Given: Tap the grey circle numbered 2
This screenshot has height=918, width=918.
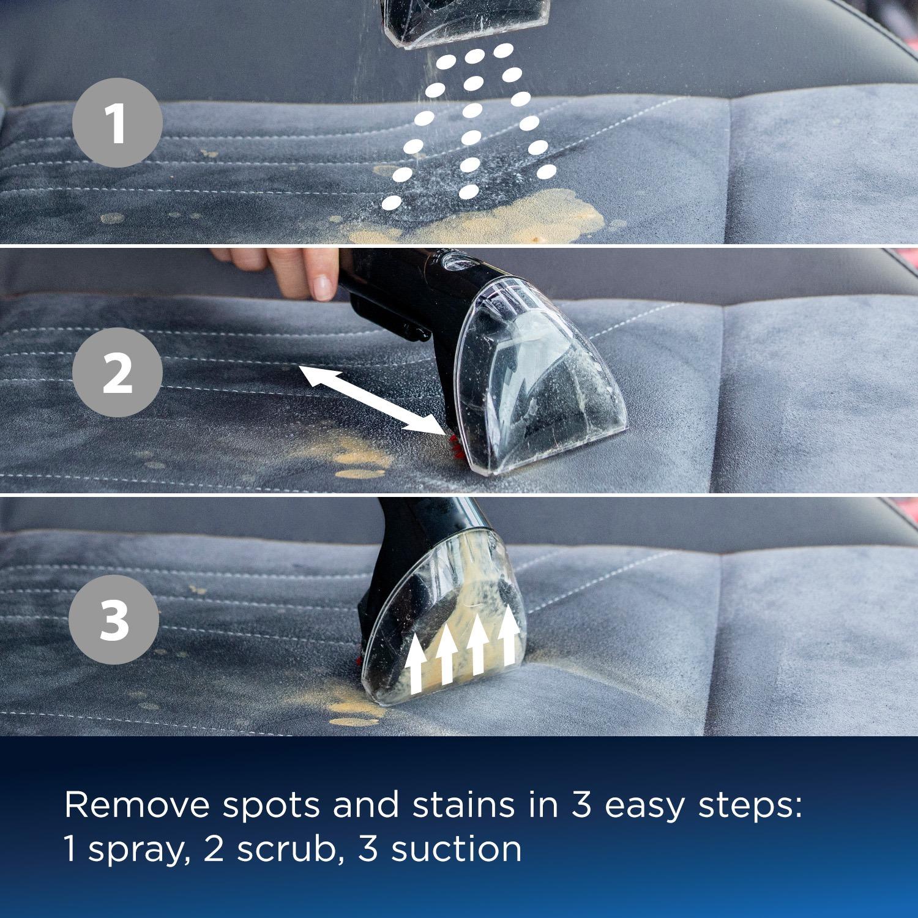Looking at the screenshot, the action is (117, 373).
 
